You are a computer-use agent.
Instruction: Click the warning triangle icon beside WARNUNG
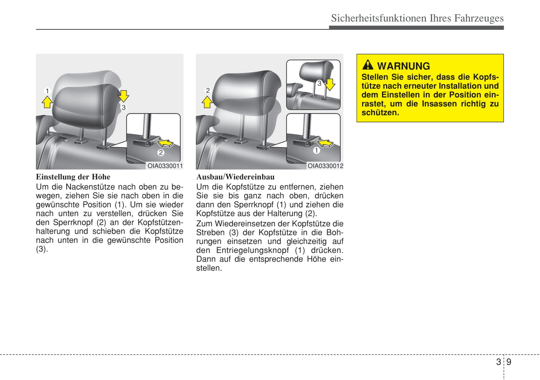click(x=368, y=65)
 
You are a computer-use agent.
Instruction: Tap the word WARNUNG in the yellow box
click(x=404, y=66)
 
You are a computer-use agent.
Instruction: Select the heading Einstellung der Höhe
click(x=73, y=177)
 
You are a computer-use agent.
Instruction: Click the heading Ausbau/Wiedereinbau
click(x=235, y=177)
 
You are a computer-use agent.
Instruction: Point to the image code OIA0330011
click(x=165, y=166)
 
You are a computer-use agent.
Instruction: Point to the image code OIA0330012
click(x=325, y=166)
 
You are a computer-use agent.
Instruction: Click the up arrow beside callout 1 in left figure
click(x=47, y=102)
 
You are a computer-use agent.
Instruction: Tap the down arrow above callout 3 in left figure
click(x=123, y=95)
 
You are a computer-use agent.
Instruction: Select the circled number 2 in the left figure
click(x=161, y=153)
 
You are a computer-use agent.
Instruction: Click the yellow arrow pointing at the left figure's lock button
click(x=166, y=143)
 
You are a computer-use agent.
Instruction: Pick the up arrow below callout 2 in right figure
click(x=207, y=102)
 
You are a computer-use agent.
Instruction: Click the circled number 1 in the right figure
click(x=317, y=151)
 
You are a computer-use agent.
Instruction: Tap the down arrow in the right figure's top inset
click(x=330, y=84)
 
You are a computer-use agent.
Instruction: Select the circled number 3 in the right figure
click(x=319, y=83)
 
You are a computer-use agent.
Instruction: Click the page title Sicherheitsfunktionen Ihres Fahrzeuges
click(x=417, y=18)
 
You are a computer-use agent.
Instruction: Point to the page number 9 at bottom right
click(x=509, y=362)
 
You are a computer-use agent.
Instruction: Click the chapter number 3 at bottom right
click(x=499, y=362)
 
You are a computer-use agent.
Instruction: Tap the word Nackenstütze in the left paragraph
click(x=90, y=187)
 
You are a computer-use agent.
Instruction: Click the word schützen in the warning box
click(x=379, y=113)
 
